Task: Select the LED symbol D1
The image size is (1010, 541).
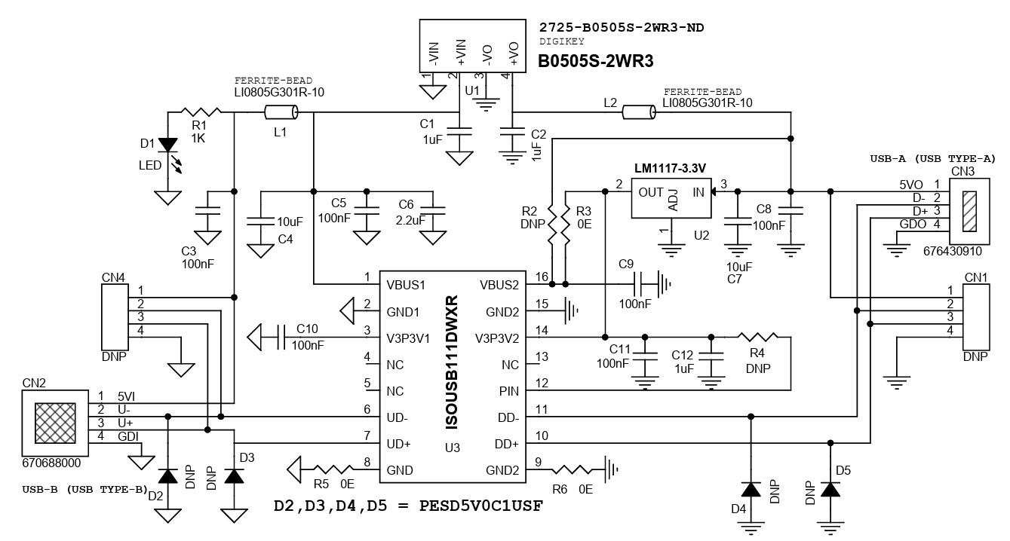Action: click(x=167, y=144)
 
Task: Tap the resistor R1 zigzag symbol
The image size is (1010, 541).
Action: click(x=199, y=113)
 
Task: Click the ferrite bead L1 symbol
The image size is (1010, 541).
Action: click(x=281, y=113)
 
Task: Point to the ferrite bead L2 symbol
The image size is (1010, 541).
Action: click(x=639, y=113)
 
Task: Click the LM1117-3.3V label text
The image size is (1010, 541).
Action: click(x=674, y=167)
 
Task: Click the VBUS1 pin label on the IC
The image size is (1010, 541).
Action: click(x=407, y=285)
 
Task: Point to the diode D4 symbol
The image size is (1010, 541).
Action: click(x=751, y=490)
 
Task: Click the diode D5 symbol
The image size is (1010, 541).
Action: click(x=830, y=490)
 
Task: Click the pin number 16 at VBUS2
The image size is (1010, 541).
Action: click(x=541, y=277)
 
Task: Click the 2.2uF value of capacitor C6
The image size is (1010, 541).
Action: click(x=412, y=219)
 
